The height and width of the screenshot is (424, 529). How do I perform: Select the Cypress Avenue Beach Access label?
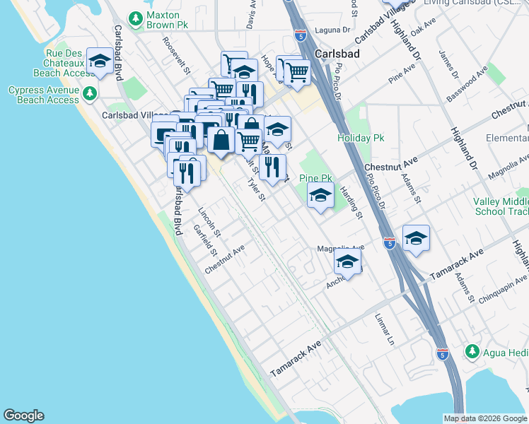tap(44, 95)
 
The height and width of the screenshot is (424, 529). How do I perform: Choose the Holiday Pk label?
tap(360, 138)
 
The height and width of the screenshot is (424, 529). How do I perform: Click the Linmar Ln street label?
tap(385, 329)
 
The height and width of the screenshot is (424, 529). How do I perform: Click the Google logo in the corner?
tap(23, 416)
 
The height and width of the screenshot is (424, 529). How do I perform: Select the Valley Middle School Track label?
tap(500, 206)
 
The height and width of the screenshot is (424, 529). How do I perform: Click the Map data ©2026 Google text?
tap(485, 418)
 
